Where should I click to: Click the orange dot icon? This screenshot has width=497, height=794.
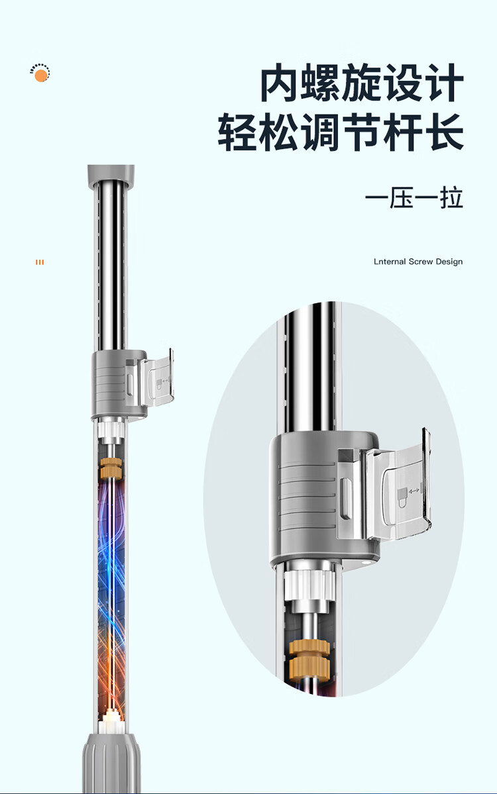40,76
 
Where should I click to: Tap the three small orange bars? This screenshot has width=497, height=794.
40,262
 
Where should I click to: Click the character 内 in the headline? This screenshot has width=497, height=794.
278,83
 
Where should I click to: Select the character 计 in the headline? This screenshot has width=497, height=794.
443,83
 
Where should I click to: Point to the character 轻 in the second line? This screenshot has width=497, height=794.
237,132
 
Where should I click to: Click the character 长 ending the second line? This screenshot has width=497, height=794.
444,132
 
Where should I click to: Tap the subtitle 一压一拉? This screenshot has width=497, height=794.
414,198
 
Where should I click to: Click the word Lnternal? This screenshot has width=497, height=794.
390,262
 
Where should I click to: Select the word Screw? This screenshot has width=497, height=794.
421,262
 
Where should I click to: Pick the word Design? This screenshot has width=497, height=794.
449,262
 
